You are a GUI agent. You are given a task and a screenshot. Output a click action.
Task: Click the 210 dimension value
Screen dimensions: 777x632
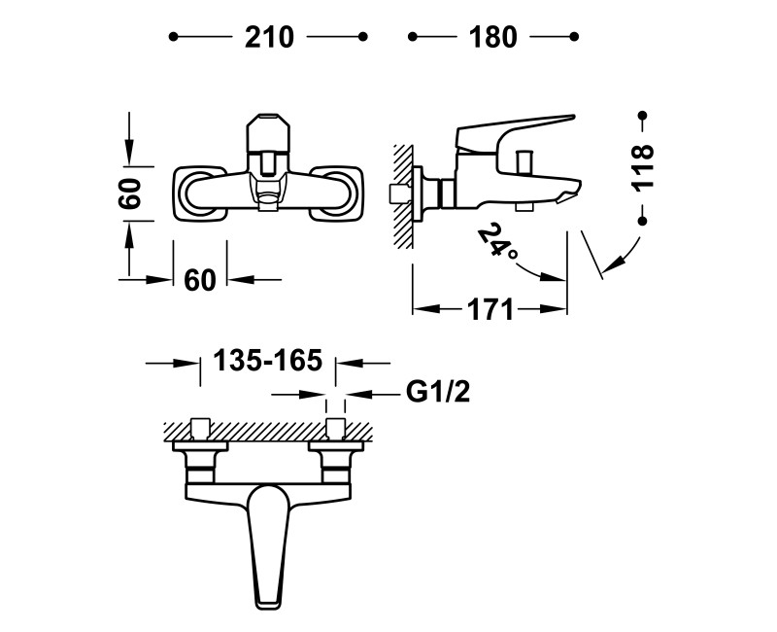269,37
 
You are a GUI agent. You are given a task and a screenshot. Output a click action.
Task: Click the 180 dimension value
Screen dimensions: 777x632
492,37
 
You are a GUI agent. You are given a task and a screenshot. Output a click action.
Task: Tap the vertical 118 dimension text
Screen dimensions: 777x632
642,166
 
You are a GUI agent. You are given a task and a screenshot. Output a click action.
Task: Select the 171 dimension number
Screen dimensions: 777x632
490,310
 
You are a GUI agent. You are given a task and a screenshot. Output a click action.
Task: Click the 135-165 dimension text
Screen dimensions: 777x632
268,360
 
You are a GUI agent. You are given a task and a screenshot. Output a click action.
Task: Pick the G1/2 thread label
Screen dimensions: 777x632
438,393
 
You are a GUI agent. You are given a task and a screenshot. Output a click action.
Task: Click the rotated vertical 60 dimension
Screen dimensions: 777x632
130,193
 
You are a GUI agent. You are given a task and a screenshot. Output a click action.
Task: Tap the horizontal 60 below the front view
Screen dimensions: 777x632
200,280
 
